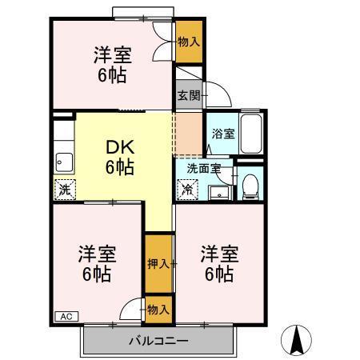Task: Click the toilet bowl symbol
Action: click(x=250, y=186)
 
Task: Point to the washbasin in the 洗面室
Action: click(x=218, y=190)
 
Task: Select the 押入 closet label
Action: click(x=158, y=262)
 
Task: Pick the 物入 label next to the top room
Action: click(x=189, y=39)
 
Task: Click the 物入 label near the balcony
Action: click(x=158, y=308)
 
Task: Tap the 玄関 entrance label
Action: click(x=188, y=95)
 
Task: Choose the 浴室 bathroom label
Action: click(x=222, y=134)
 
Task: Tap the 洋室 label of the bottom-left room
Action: click(x=97, y=254)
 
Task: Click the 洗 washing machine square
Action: click(x=64, y=190)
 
